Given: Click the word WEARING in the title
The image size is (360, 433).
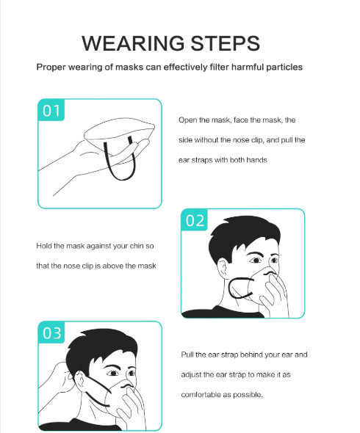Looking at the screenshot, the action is point(133,43).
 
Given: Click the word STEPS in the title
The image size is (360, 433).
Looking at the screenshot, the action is point(226,43).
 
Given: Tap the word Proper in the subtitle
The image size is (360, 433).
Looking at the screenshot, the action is point(51,68).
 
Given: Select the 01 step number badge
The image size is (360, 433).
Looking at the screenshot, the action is point(51,110).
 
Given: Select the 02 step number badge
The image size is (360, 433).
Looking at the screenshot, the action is point(195,220).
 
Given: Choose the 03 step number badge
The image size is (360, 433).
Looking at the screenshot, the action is point(51,332).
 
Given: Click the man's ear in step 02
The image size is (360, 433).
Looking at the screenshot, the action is point(222,269).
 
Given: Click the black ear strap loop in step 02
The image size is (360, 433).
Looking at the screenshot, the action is point(230,288).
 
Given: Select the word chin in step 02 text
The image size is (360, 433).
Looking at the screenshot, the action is point(137,246).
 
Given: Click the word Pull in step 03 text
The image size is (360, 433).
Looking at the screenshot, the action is point(187,354).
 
